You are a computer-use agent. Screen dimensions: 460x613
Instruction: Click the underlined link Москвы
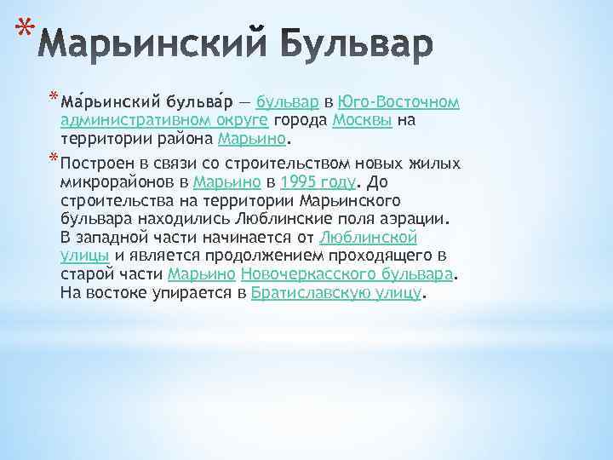(362, 121)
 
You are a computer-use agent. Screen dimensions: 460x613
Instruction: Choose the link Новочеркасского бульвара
(348, 274)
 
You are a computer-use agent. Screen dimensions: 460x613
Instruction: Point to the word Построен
(100, 164)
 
